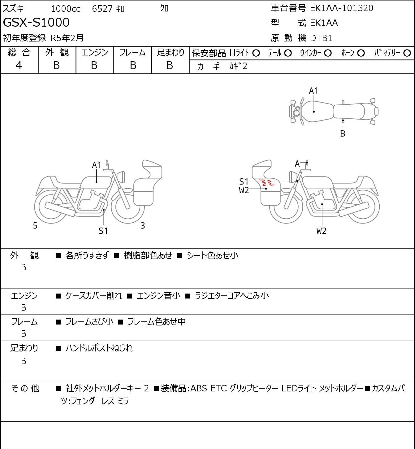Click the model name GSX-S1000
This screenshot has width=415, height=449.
point(36,22)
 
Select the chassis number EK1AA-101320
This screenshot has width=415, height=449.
point(341,8)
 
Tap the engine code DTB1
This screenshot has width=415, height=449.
point(321,38)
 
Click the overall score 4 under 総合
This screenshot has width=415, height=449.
point(19,65)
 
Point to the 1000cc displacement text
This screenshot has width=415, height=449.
point(66,9)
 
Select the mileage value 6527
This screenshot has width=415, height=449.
point(102,9)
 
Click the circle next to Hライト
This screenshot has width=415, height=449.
point(256,53)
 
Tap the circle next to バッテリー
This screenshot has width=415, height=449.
point(407,53)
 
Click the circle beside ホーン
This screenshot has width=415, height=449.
point(361,53)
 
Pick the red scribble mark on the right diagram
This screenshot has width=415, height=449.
point(266,183)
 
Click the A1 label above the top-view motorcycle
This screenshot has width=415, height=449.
point(313,91)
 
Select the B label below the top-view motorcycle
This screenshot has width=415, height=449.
point(343,134)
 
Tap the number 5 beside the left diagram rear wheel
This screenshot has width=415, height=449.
point(35,226)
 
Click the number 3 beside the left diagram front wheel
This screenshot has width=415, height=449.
point(142,226)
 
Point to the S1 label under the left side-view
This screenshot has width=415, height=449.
point(103,231)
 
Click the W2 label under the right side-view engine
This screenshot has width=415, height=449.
point(321,231)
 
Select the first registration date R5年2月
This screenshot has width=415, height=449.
point(67,38)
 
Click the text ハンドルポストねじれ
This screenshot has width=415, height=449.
point(99,348)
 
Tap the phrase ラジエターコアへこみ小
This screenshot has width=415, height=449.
point(231,296)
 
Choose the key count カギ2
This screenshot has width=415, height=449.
point(238,66)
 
